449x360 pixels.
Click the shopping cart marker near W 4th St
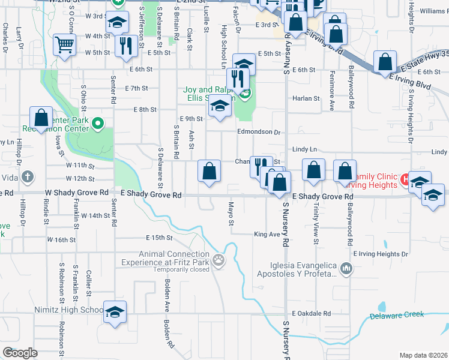pyautogui.click(x=64, y=44)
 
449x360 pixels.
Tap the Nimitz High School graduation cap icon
pyautogui.click(x=115, y=312)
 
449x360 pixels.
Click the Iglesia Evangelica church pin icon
pyautogui.click(x=346, y=268)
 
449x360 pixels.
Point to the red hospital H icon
pyautogui.click(x=406, y=179)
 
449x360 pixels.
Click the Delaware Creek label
pyautogui.click(x=397, y=315)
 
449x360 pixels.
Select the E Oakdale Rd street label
pyautogui.click(x=312, y=313)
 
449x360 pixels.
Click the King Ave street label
pyautogui.click(x=267, y=234)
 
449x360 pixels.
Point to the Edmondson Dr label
pyautogui.click(x=259, y=132)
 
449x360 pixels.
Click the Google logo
pyautogui.click(x=20, y=353)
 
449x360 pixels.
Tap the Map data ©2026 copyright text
pyautogui.click(x=423, y=355)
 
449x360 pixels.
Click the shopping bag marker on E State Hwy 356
pyautogui.click(x=385, y=62)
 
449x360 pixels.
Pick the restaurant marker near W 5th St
pyautogui.click(x=125, y=45)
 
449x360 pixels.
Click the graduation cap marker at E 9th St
pyautogui.click(x=220, y=107)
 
